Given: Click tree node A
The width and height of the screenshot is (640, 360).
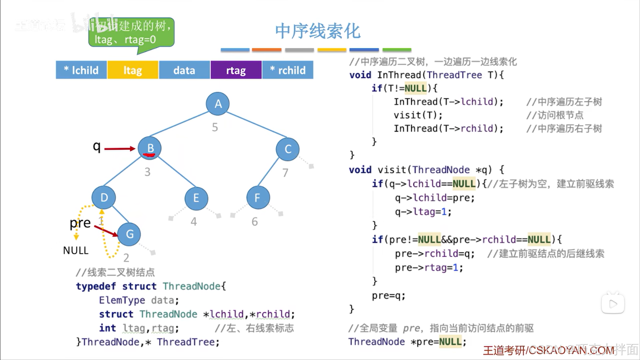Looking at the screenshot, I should pyautogui.click(x=218, y=104).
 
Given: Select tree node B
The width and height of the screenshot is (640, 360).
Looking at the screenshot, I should pyautogui.click(x=150, y=148).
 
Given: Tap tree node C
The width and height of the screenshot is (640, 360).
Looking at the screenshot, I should pyautogui.click(x=287, y=149).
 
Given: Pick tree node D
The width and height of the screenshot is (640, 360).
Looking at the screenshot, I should pyautogui.click(x=104, y=198).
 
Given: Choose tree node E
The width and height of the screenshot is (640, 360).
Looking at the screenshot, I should pyautogui.click(x=196, y=198).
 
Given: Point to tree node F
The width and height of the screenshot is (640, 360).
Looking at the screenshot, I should pyautogui.click(x=258, y=198).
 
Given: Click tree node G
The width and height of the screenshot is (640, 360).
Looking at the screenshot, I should pyautogui.click(x=129, y=234).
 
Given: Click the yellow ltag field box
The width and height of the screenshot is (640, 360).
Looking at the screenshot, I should pyautogui.click(x=132, y=70).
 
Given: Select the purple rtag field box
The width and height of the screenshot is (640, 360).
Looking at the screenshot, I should pyautogui.click(x=236, y=70).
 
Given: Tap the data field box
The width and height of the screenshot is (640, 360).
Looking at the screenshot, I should pyautogui.click(x=184, y=70).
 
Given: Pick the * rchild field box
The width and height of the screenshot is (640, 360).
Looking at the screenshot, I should pyautogui.click(x=288, y=70).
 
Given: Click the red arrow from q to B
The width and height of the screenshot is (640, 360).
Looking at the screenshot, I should pyautogui.click(x=119, y=148).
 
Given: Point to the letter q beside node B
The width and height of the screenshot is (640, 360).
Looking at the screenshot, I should pyautogui.click(x=96, y=146).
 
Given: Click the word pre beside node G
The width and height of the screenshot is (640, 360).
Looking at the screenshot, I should pyautogui.click(x=80, y=223).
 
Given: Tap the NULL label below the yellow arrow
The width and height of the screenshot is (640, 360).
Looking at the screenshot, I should pyautogui.click(x=76, y=250).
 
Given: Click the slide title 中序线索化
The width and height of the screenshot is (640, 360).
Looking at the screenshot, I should pyautogui.click(x=317, y=31).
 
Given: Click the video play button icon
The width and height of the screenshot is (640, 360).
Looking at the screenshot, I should pyautogui.click(x=613, y=304).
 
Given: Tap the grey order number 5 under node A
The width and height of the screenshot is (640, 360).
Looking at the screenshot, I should pyautogui.click(x=215, y=127).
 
